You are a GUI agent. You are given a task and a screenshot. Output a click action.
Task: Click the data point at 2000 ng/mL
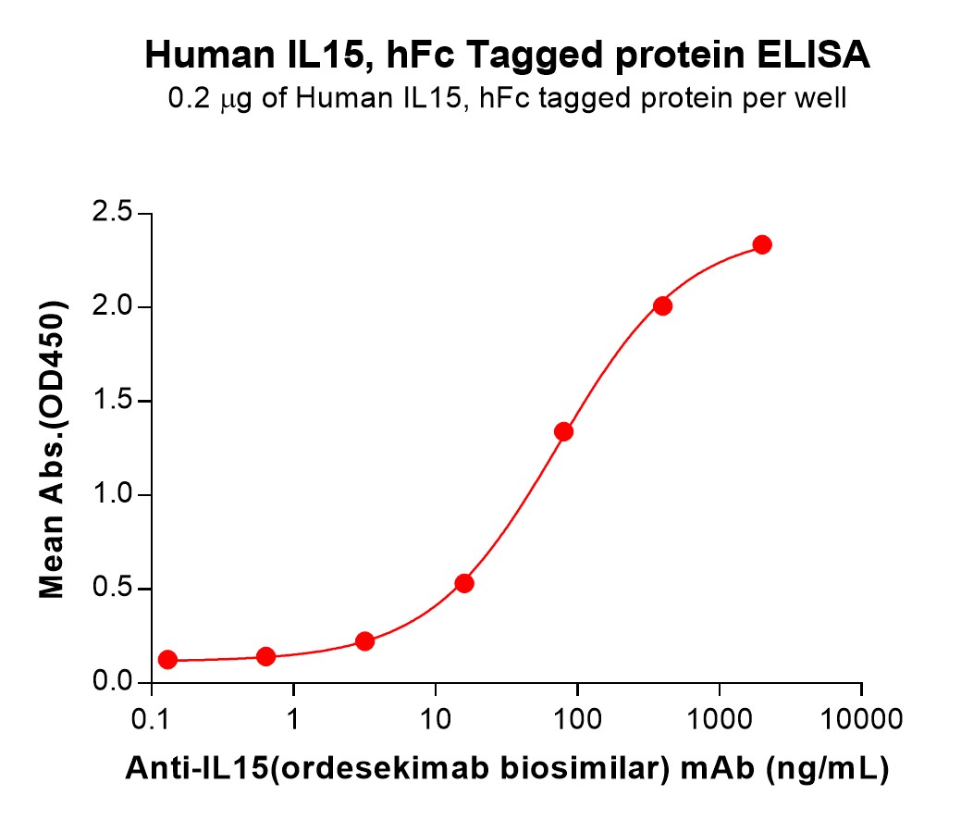762,244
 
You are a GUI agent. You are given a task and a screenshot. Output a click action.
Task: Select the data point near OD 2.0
662,305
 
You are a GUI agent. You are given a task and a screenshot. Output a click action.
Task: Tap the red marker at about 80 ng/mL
563,431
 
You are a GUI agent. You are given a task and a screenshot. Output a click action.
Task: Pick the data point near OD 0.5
464,583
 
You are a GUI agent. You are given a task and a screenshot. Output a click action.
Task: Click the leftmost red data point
167,660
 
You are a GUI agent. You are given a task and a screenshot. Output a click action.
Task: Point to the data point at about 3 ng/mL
364,641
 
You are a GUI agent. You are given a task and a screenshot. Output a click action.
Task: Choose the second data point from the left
265,656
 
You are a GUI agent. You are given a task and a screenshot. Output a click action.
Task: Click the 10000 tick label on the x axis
861,717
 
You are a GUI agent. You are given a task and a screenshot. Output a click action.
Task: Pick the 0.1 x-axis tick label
150,717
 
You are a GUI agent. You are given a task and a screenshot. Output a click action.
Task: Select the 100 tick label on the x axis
577,717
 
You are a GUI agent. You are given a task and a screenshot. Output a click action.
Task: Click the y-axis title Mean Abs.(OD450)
53,449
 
